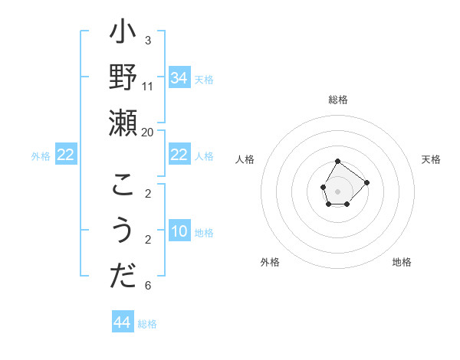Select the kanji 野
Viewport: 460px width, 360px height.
(123, 79)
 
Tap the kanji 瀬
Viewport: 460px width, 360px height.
(123, 123)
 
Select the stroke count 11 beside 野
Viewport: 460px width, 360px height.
(148, 85)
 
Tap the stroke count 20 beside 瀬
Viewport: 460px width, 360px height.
(148, 132)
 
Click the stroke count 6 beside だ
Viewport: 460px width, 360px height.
(148, 286)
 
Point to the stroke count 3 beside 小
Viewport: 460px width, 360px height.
(148, 40)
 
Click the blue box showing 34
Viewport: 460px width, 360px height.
(179, 78)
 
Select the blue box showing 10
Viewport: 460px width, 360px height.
(179, 232)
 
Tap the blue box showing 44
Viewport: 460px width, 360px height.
(123, 322)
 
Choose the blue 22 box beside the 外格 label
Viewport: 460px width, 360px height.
(66, 155)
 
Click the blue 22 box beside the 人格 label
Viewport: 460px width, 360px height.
(179, 155)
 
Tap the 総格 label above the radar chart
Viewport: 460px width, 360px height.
(338, 100)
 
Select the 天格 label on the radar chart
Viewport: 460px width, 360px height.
(432, 159)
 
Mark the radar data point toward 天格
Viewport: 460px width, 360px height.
(366, 182)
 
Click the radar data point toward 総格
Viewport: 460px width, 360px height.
(338, 161)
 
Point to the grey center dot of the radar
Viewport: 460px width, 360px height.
(338, 190)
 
